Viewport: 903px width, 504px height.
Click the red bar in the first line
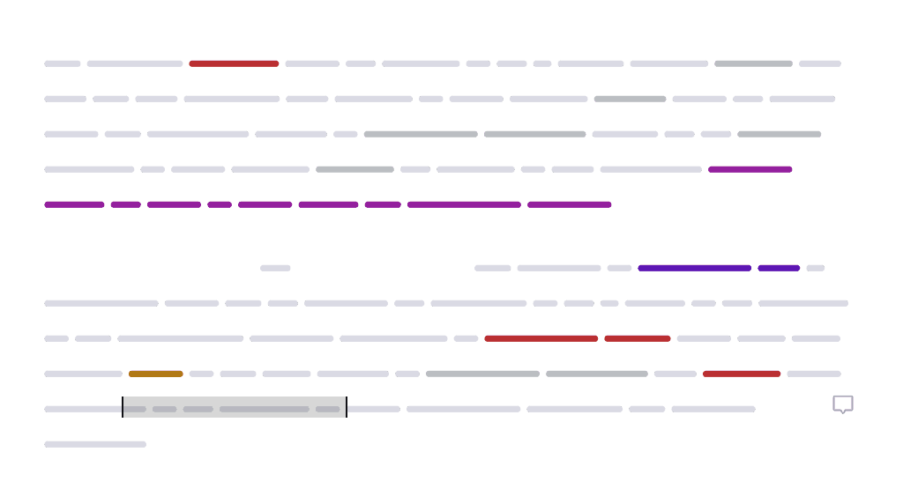click(234, 63)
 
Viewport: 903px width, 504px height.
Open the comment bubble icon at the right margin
click(843, 404)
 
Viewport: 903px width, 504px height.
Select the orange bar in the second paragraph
click(156, 374)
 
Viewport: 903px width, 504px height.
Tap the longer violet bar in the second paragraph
click(695, 268)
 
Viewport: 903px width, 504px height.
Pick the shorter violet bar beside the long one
click(779, 268)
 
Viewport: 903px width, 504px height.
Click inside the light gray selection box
click(235, 407)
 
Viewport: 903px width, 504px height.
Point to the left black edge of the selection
click(123, 407)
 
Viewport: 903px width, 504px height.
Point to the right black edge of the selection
click(347, 407)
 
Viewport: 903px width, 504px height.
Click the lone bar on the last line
click(95, 444)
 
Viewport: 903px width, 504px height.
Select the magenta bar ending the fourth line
click(750, 169)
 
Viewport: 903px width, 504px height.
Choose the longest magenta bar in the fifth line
click(464, 204)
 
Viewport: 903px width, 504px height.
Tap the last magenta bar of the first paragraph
click(569, 204)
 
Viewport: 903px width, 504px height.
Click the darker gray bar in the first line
click(753, 63)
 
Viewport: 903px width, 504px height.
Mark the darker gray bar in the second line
click(630, 99)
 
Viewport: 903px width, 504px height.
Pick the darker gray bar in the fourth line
click(354, 169)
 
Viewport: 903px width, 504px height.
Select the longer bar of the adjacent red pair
click(541, 338)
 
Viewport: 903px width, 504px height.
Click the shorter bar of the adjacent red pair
click(638, 338)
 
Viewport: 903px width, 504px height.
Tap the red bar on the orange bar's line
click(742, 374)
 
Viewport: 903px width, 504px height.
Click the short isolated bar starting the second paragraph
click(275, 268)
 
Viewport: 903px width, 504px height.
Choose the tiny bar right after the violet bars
click(815, 268)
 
